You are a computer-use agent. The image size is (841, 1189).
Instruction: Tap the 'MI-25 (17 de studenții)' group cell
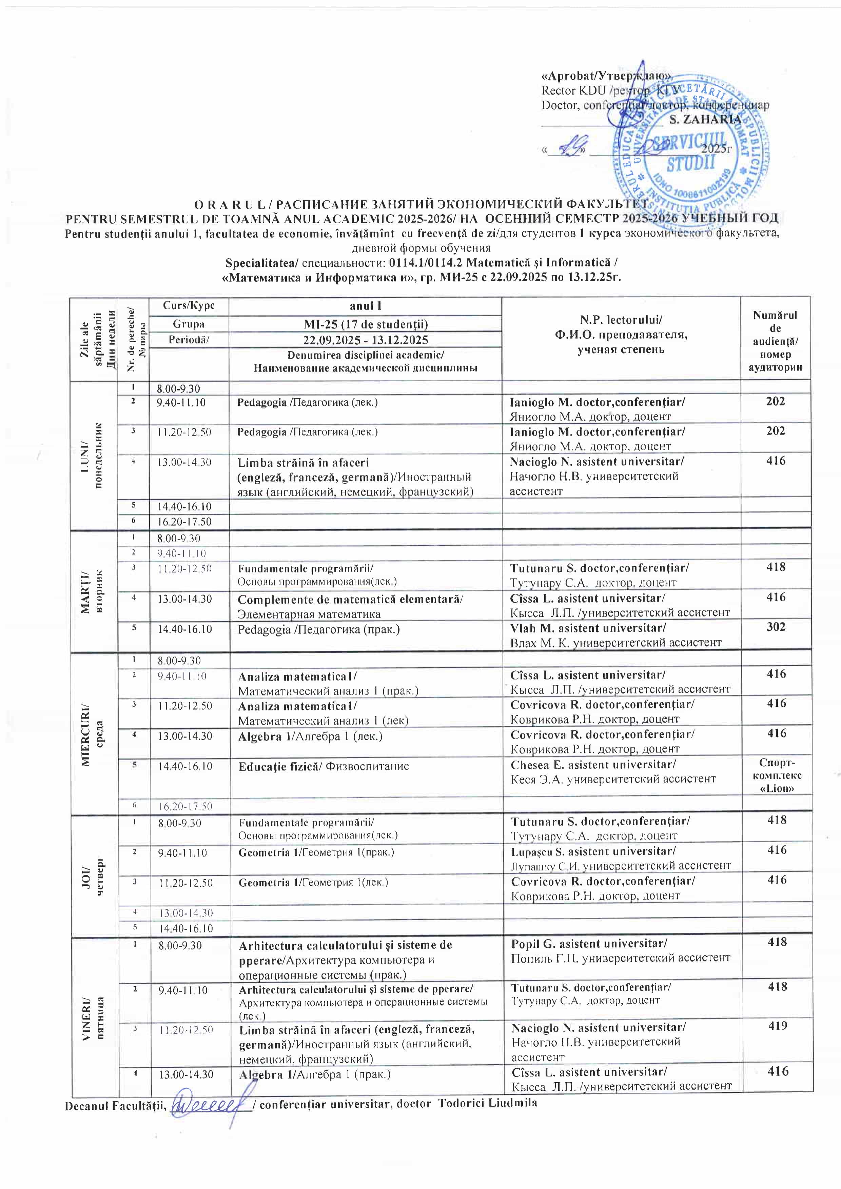365,324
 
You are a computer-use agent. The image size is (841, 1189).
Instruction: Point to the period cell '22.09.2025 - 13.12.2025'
365,340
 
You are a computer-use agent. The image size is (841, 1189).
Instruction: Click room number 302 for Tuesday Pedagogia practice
776,627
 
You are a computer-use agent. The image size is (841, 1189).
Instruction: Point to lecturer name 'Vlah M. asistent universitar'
588,628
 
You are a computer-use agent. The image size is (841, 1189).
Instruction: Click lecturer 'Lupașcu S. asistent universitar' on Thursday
593,851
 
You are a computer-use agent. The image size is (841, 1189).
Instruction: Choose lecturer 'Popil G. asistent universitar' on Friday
589,943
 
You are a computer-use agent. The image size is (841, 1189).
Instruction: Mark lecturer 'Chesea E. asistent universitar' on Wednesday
593,764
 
